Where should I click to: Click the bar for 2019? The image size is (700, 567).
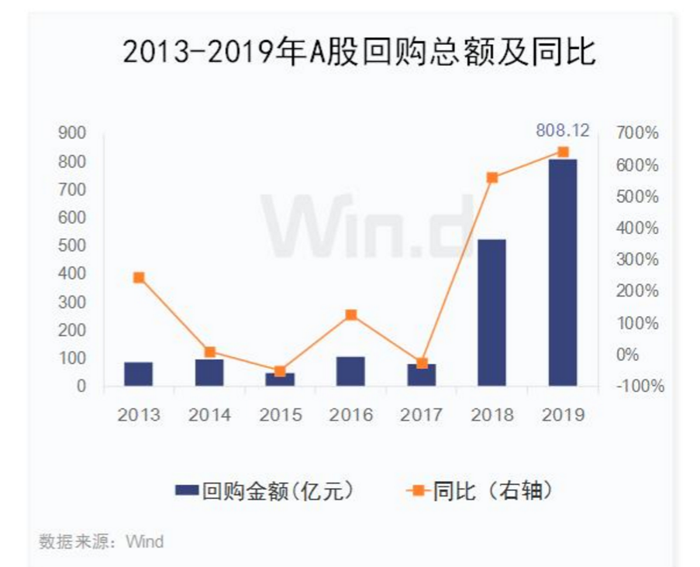[563, 273]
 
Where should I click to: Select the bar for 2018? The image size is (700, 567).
[491, 312]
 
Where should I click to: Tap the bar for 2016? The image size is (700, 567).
[350, 371]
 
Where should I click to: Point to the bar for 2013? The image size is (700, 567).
[139, 373]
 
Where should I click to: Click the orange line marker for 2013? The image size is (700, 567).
[139, 277]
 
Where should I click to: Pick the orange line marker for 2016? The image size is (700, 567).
[350, 314]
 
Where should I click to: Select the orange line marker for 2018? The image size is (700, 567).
[491, 177]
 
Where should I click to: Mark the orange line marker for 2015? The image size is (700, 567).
[280, 371]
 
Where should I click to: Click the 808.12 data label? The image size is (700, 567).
[563, 130]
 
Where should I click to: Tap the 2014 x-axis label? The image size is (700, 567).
[209, 415]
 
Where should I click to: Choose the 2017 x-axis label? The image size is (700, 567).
[421, 415]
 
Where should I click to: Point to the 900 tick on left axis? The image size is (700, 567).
[71, 133]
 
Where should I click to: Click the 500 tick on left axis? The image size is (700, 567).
[71, 246]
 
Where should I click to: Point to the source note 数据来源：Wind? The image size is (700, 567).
[102, 541]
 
